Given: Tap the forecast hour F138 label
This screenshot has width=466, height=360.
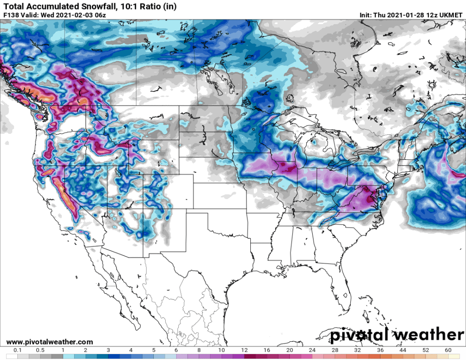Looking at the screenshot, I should (11, 15).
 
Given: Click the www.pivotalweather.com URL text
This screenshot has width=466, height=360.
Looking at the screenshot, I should (50, 342).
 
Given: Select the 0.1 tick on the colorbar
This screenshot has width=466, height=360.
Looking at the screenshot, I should (18, 350).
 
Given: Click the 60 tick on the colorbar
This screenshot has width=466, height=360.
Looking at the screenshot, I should (448, 350).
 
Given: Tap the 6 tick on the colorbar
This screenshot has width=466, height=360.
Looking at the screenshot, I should (176, 350).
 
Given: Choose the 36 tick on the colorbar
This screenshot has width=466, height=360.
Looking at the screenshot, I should (380, 350).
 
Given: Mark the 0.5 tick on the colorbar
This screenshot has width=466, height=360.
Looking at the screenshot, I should (41, 350).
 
